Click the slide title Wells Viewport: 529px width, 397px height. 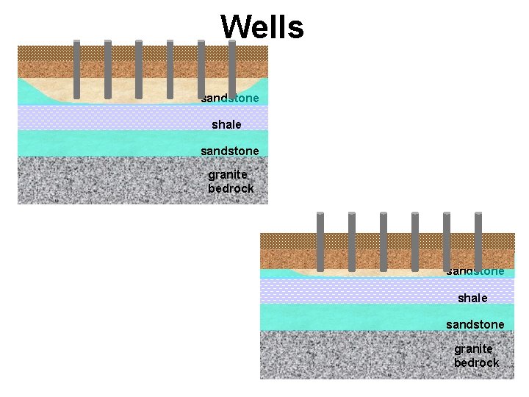(x=262, y=28)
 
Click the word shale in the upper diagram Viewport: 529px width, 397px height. (x=226, y=125)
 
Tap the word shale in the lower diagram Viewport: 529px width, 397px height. (x=472, y=298)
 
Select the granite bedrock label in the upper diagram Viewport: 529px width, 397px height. (x=231, y=182)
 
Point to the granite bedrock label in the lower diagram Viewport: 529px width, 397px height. (x=476, y=356)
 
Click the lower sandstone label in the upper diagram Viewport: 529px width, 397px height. (x=230, y=151)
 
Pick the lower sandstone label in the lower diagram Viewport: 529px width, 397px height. (x=475, y=324)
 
